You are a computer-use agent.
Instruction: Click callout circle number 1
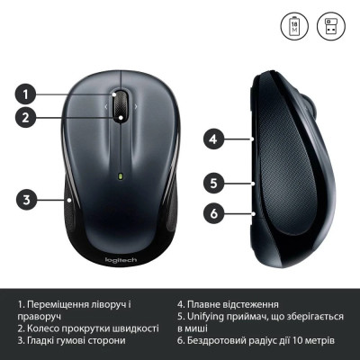point(27,93)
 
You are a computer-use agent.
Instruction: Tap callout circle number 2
point(27,116)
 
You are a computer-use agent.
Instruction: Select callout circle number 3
point(27,200)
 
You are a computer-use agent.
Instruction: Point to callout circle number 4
point(213,139)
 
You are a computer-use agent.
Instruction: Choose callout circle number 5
point(213,183)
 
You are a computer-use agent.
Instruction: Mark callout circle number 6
point(213,213)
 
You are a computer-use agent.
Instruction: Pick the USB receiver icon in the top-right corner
point(329,23)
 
